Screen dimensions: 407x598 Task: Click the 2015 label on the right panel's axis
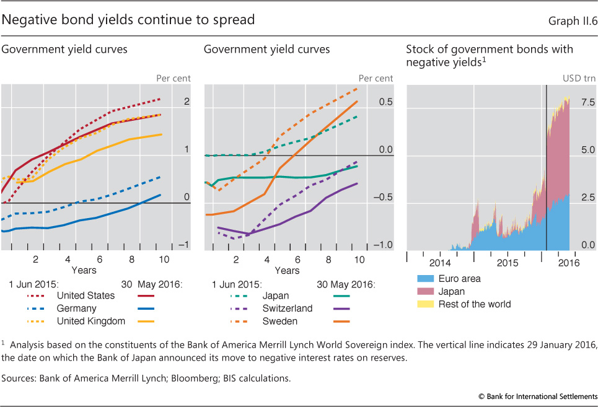point(508,263)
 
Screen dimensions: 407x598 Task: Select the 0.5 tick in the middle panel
point(385,102)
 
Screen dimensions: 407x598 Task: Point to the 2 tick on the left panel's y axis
point(187,102)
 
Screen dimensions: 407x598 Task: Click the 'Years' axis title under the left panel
point(84,270)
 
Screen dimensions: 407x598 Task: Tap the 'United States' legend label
point(86,295)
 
